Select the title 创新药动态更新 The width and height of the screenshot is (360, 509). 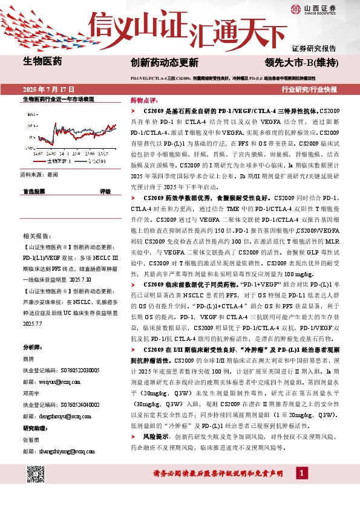click(x=164, y=62)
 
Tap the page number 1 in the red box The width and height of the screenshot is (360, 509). click(x=301, y=489)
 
